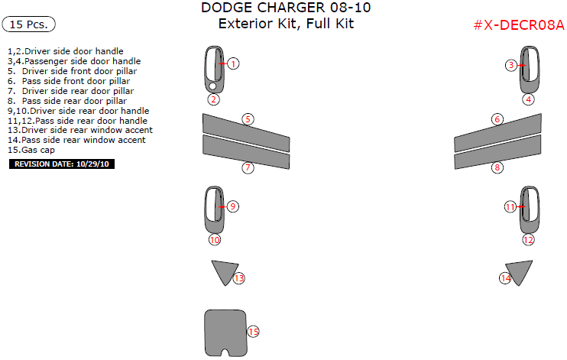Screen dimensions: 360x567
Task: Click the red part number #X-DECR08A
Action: coord(518,25)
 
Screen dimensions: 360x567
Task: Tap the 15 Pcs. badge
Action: coord(29,24)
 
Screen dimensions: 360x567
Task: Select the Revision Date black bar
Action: coord(60,164)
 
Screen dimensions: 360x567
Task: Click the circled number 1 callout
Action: coord(234,64)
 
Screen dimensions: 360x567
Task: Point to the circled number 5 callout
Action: coord(248,118)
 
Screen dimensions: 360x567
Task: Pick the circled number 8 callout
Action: coord(497,167)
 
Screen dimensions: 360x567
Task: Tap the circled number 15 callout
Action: coord(253,331)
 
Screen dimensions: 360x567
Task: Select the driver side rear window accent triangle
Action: coord(223,271)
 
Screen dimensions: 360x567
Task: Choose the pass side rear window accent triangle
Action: coord(520,271)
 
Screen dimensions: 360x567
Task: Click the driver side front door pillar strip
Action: coord(245,131)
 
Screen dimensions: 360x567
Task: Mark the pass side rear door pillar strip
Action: coord(497,156)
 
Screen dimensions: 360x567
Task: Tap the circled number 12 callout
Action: coord(528,239)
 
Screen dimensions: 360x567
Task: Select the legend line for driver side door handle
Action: coord(65,51)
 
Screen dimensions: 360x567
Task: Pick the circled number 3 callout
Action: coord(511,66)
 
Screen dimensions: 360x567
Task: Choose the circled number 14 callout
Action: coord(505,278)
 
